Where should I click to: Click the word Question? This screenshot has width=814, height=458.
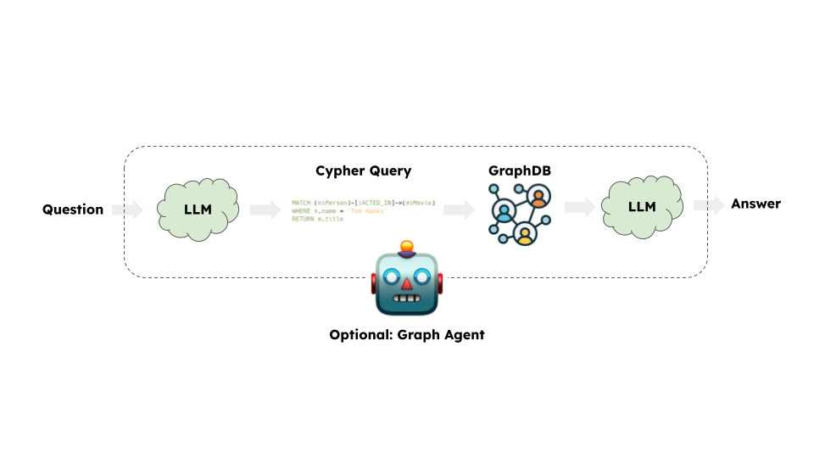(73, 209)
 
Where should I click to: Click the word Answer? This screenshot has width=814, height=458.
(755, 204)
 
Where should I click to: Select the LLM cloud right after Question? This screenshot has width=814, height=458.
(198, 209)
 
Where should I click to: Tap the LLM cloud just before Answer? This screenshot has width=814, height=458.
(641, 206)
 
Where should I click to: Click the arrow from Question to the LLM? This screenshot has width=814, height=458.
(128, 209)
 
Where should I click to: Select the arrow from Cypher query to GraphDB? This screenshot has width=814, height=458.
(458, 209)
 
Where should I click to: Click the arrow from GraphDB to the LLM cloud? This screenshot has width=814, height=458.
(579, 206)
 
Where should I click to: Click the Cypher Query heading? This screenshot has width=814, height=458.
(363, 170)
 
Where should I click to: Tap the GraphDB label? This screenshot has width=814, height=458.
(519, 170)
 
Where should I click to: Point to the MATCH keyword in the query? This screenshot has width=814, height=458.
(301, 204)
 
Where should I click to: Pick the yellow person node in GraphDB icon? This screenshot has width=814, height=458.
(525, 232)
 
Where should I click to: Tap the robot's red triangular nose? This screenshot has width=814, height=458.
(407, 282)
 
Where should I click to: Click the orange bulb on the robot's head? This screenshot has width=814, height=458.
(407, 247)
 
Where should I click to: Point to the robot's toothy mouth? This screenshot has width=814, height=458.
(407, 299)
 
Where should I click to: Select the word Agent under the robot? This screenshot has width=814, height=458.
(464, 335)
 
